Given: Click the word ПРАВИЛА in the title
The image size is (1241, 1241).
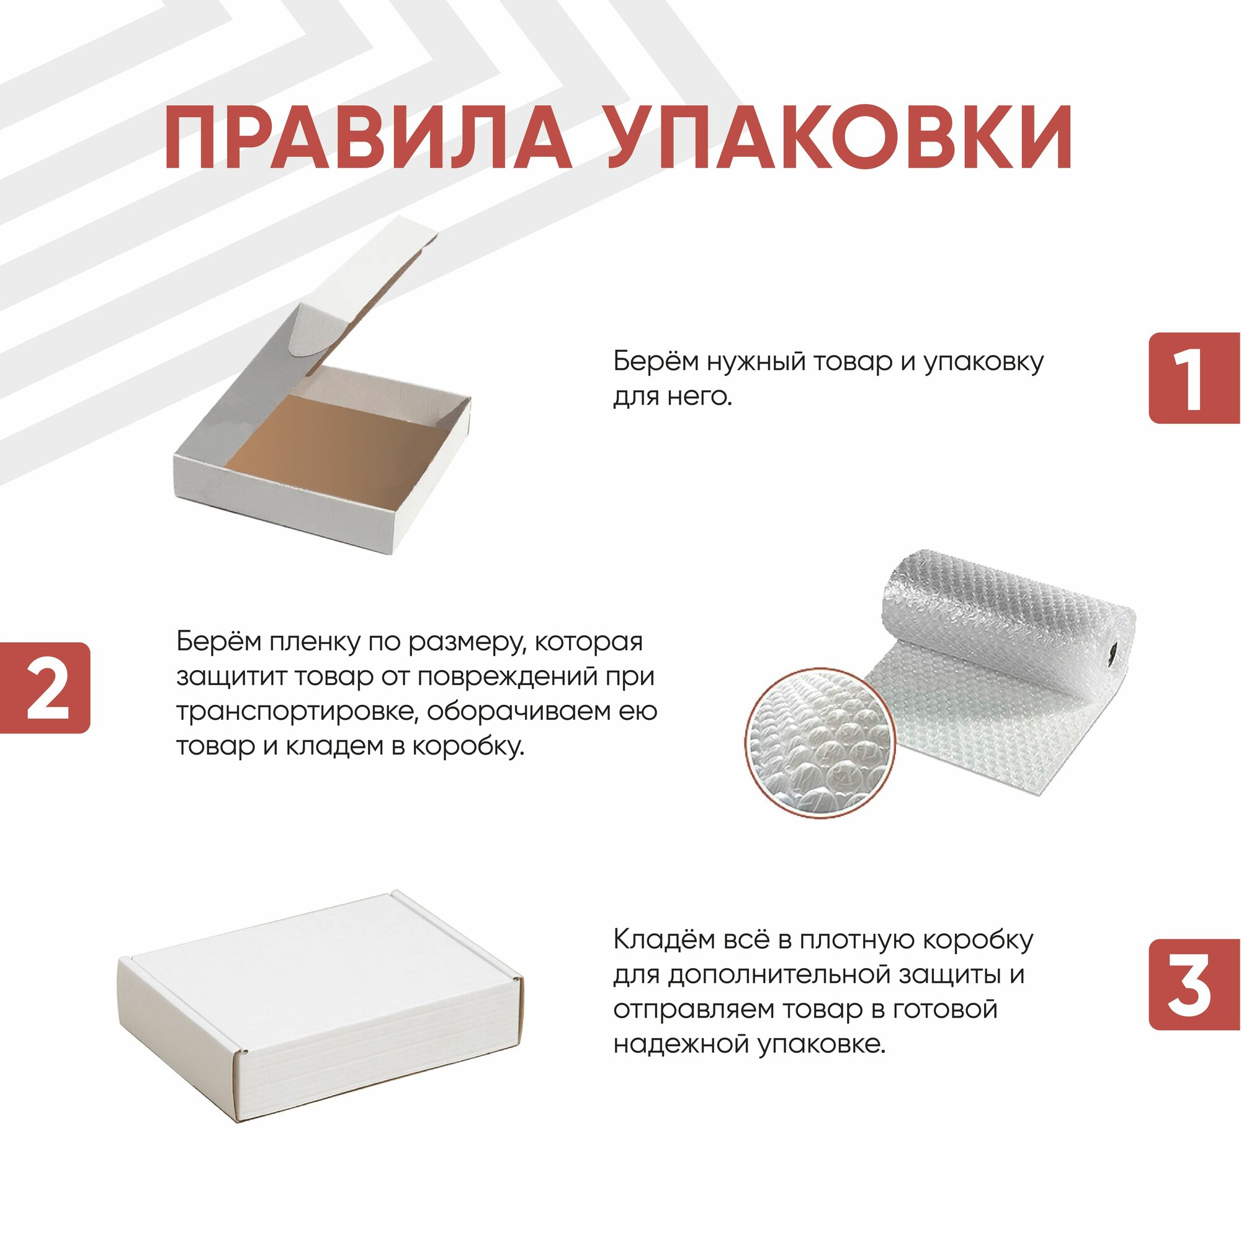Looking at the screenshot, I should [x=367, y=138].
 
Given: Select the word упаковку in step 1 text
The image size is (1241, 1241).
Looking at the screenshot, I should [x=983, y=363].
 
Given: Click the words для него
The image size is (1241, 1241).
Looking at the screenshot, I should [x=672, y=397].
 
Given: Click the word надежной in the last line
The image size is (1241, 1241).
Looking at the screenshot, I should [x=681, y=1044].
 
